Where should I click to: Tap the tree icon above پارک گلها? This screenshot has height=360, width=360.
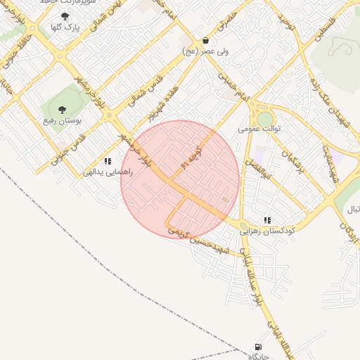tap(65, 16)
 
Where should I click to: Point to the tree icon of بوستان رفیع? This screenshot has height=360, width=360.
tap(62, 110)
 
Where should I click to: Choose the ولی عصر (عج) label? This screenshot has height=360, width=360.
tap(205, 51)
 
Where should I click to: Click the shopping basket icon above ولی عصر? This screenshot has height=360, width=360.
tap(205, 40)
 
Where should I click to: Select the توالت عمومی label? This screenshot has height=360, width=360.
tap(259, 129)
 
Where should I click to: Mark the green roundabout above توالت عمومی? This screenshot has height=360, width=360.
tap(266, 118)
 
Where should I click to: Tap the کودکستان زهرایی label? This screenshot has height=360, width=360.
tap(268, 231)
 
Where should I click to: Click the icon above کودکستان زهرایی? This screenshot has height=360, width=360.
tap(267, 220)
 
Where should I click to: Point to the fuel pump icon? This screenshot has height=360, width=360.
tap(258, 347)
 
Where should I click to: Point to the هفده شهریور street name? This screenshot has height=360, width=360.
tap(160, 102)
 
